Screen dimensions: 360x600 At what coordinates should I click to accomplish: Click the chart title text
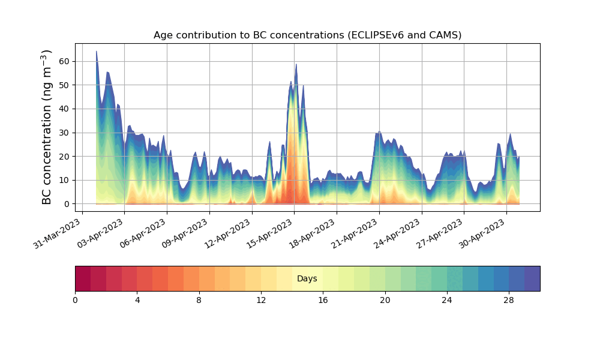pos(307,35)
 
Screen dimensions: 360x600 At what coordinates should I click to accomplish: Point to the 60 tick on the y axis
pos(64,61)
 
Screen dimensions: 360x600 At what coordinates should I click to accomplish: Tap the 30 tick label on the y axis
pos(64,133)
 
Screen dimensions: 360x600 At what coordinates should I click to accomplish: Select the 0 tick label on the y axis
pos(67,204)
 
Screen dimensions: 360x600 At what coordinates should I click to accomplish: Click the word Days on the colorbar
pos(307,278)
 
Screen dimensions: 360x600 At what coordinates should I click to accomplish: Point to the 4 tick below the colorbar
pos(137,299)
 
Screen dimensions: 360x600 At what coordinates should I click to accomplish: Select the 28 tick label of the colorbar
pos(509,299)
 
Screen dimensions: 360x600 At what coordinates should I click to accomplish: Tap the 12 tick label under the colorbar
pos(261,299)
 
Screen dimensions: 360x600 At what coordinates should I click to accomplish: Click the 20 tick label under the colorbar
pos(385,299)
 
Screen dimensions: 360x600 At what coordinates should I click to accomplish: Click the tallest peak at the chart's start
pos(97,52)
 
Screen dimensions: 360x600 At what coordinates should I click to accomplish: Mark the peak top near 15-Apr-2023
pos(296,65)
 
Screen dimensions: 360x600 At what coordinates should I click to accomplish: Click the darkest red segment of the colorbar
pos(83,278)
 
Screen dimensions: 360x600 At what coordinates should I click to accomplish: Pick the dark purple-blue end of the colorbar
pos(532,278)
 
